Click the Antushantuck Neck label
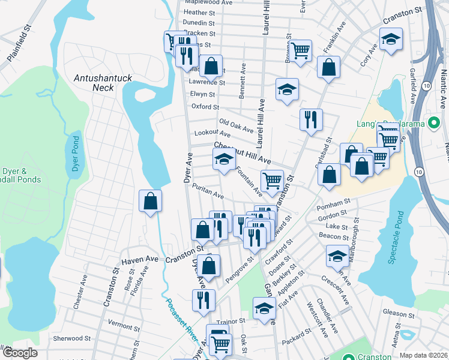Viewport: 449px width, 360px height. click(94, 82)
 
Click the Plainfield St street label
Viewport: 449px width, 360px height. click(19, 38)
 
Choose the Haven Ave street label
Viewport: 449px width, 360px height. click(139, 261)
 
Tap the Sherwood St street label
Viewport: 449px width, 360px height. click(71, 338)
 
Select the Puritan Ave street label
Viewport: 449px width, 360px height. click(208, 192)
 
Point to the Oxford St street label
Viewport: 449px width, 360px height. click(205, 107)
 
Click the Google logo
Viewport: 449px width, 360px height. click(19, 353)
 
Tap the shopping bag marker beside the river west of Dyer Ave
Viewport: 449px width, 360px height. click(150, 201)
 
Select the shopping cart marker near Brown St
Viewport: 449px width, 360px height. click(300, 50)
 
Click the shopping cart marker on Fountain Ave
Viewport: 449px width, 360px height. click(272, 180)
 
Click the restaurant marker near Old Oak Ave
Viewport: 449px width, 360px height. click(311, 119)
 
